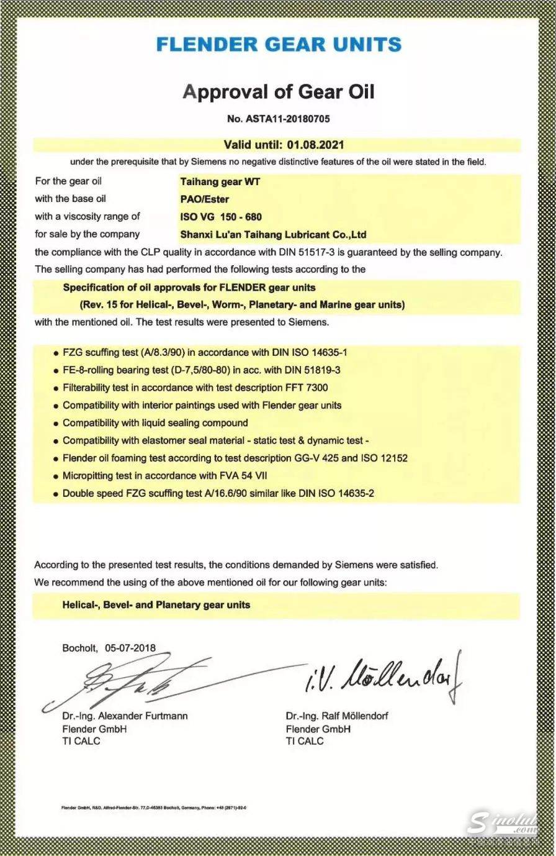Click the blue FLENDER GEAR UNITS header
[279, 45]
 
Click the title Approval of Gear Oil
[279, 92]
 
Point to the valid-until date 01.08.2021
[315, 145]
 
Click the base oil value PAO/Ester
[204, 199]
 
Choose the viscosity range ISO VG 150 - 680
[221, 217]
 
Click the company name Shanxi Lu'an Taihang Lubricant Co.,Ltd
[273, 234]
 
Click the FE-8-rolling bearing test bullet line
[201, 370]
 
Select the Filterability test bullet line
[195, 388]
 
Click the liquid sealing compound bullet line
[155, 423]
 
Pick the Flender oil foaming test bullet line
[235, 458]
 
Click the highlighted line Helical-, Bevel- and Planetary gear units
[156, 604]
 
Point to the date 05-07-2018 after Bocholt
[130, 648]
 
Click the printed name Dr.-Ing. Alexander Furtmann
[125, 716]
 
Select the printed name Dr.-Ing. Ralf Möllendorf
[337, 716]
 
